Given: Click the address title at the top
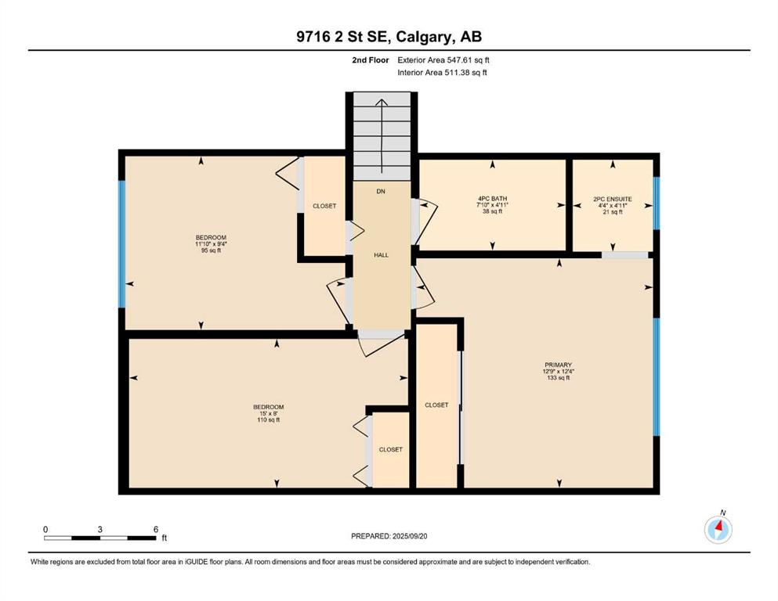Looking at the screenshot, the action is coord(389,37).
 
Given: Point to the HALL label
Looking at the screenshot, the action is coord(381,255).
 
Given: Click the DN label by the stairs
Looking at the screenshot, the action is coord(381,191).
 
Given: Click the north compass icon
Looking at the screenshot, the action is coord(718,529).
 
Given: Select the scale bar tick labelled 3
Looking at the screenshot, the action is coord(100,530).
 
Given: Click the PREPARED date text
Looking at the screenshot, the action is coord(389,536).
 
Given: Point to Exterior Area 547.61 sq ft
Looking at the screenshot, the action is coord(443,60).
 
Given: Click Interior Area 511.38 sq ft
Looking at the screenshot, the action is coord(442,72).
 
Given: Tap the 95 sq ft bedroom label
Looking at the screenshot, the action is coord(211,244).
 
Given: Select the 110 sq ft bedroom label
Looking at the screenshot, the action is coord(269,413).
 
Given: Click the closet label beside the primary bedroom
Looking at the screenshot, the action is coord(436,405).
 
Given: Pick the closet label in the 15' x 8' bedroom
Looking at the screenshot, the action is coord(390,449).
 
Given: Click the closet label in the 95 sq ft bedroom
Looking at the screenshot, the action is coord(324,206).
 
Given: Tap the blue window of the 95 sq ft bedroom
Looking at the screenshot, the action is coord(121,244).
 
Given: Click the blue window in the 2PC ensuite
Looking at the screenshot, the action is coord(657,203).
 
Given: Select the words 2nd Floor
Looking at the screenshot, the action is coord(370,60).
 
